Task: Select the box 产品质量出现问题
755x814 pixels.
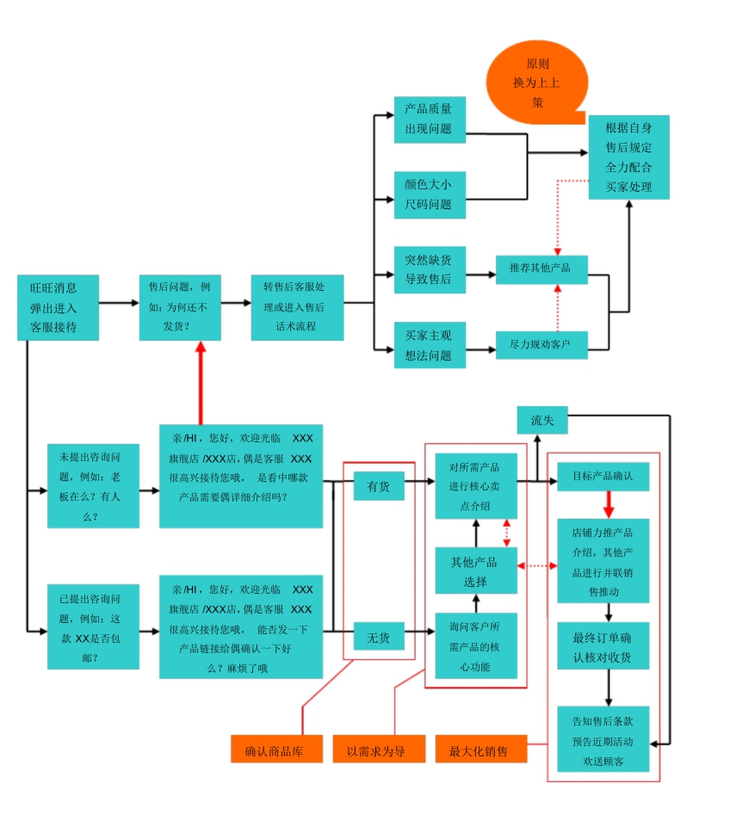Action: click(430, 120)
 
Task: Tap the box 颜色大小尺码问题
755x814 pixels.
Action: click(430, 194)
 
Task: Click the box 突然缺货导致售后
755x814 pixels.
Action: click(430, 269)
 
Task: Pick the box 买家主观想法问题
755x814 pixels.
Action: click(430, 345)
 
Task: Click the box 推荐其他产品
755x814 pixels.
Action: click(541, 268)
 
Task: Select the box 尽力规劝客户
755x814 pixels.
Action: click(541, 344)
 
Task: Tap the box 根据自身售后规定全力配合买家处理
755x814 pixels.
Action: click(628, 157)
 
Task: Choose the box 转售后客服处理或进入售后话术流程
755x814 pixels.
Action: click(298, 307)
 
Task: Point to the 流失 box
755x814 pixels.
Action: click(542, 420)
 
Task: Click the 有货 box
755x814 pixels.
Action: click(379, 487)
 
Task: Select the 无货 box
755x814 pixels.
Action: click(379, 638)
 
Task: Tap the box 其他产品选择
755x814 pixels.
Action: click(475, 570)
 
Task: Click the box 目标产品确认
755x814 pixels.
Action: click(603, 476)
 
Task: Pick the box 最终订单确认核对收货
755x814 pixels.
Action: click(603, 647)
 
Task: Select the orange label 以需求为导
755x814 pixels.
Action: click(380, 749)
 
